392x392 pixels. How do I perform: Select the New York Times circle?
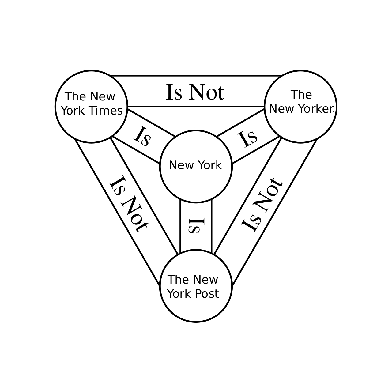tap(91, 106)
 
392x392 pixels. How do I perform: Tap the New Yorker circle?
tap(300, 106)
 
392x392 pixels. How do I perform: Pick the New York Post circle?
tap(196, 286)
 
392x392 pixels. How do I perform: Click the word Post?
tap(207, 294)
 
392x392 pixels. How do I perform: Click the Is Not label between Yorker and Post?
tap(262, 204)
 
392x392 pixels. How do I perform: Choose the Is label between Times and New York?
tap(143, 137)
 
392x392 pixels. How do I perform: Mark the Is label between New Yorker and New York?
tap(248, 138)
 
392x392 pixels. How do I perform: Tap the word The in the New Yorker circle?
tap(301, 95)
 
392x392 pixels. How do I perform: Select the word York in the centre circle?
tap(209, 165)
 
